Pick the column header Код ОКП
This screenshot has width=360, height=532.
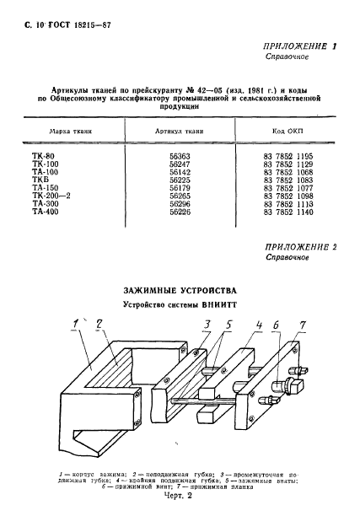[x=286, y=132]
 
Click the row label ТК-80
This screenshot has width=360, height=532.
[x=40, y=155]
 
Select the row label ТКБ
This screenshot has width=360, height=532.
[x=38, y=178]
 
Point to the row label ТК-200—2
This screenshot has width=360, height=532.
[x=48, y=193]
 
